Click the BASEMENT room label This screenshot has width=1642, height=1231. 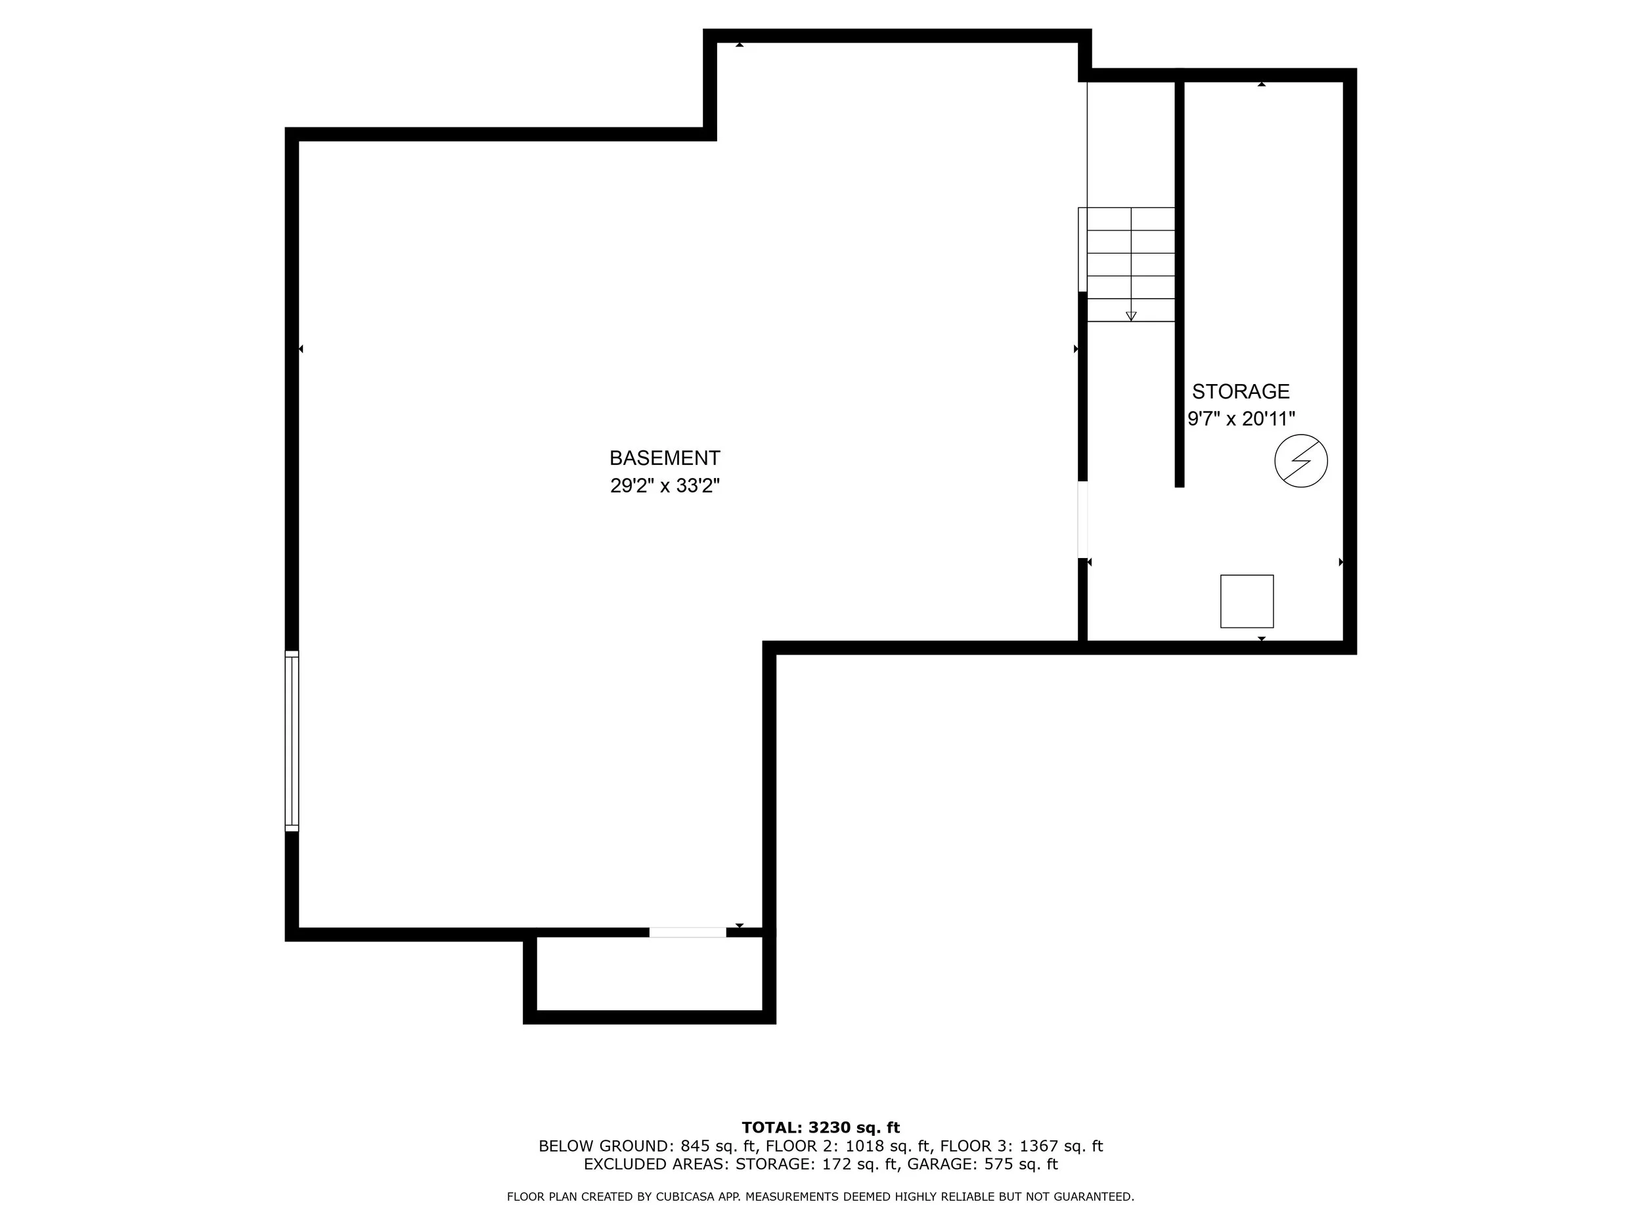tap(665, 458)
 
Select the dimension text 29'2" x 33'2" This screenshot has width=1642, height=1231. tap(665, 485)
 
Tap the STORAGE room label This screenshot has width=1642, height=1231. tap(1241, 391)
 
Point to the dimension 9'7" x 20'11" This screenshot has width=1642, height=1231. tap(1241, 420)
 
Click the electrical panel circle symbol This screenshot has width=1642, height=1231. tap(1301, 461)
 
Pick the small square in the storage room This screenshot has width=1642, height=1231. tap(1247, 601)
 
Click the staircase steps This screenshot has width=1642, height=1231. tap(1130, 264)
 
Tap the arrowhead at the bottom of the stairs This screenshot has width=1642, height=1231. tap(1130, 316)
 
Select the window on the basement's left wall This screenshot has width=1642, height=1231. tap(292, 741)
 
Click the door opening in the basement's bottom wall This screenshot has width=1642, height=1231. tap(688, 933)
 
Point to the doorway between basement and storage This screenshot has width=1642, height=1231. tap(1082, 519)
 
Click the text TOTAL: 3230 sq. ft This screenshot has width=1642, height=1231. tap(820, 1128)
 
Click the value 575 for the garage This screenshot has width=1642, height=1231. tap(999, 1164)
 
